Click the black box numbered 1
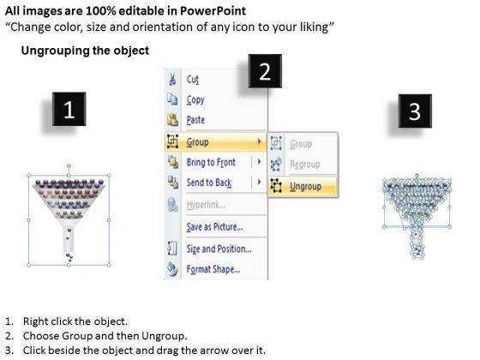pos(69,109)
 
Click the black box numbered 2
pos(265,71)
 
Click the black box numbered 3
pos(415,111)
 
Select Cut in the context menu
pos(193,80)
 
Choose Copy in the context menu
pos(195,100)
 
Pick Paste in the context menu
pos(195,120)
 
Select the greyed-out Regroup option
pos(305,165)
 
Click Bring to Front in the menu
pos(211,162)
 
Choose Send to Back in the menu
pos(209,183)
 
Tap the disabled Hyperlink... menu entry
pos(206,205)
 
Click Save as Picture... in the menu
pos(214,227)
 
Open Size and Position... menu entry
pos(219,249)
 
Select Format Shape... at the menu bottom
pos(213,269)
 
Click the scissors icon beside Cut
pos(172,79)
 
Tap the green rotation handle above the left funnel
pos(69,166)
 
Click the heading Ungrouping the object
pos(85,51)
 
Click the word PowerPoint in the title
pos(213,11)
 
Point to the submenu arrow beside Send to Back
pos(259,182)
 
